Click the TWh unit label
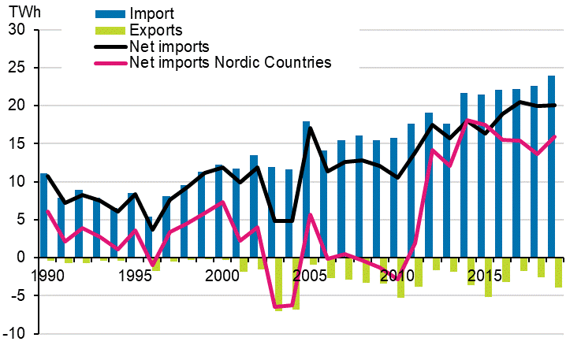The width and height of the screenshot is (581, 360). pyautogui.click(x=20, y=13)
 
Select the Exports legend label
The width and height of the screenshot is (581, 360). pyautogui.click(x=156, y=31)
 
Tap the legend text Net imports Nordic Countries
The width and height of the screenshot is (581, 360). pyautogui.click(x=230, y=62)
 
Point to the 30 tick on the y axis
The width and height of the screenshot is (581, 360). pyautogui.click(x=17, y=30)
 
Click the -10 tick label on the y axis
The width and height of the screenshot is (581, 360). pyautogui.click(x=15, y=334)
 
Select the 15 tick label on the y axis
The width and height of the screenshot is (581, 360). pyautogui.click(x=17, y=144)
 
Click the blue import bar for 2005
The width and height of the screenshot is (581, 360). pyautogui.click(x=307, y=189)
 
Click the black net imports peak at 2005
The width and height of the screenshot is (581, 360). pyautogui.click(x=311, y=128)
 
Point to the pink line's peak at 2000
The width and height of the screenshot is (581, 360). pyautogui.click(x=224, y=202)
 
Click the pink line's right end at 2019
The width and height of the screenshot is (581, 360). pyautogui.click(x=555, y=136)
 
